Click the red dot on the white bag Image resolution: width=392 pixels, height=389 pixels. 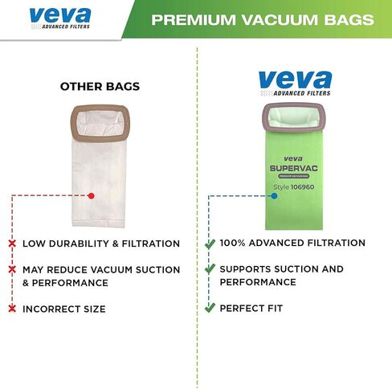[x=92, y=195]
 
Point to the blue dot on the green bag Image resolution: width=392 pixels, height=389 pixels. [x=274, y=195]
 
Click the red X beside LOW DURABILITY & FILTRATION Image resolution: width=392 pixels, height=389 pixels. [x=14, y=243]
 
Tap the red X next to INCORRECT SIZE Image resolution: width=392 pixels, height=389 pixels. [x=14, y=309]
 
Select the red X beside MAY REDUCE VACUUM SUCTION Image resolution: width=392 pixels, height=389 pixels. [x=14, y=269]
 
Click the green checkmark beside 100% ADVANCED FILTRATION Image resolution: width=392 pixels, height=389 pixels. [x=210, y=243]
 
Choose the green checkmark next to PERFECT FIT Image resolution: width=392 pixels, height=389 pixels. [x=210, y=308]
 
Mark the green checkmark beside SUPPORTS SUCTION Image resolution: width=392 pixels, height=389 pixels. [x=210, y=269]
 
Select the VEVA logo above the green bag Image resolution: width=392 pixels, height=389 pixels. [x=295, y=83]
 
